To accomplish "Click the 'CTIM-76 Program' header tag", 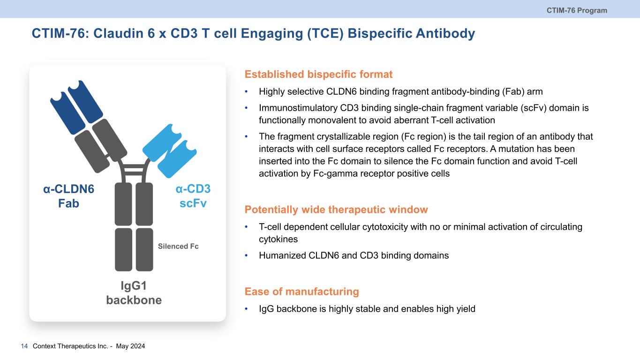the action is [577, 10].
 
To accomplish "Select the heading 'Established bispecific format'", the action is [318, 74].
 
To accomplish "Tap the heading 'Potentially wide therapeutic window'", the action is [336, 210].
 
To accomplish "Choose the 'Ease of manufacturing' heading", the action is [302, 292].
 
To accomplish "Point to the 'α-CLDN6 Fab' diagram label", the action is [68, 196].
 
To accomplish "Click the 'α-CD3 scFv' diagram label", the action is [193, 196].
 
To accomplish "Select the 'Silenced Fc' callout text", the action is [178, 246].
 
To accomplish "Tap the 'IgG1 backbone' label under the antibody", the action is [134, 293].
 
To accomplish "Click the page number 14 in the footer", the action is [24, 346].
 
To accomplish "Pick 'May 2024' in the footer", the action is [130, 346].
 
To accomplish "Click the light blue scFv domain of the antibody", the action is [170, 151].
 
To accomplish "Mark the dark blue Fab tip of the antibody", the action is [76, 107].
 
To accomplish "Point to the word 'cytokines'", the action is [279, 240].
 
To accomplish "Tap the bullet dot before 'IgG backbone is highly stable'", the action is [246, 309].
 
